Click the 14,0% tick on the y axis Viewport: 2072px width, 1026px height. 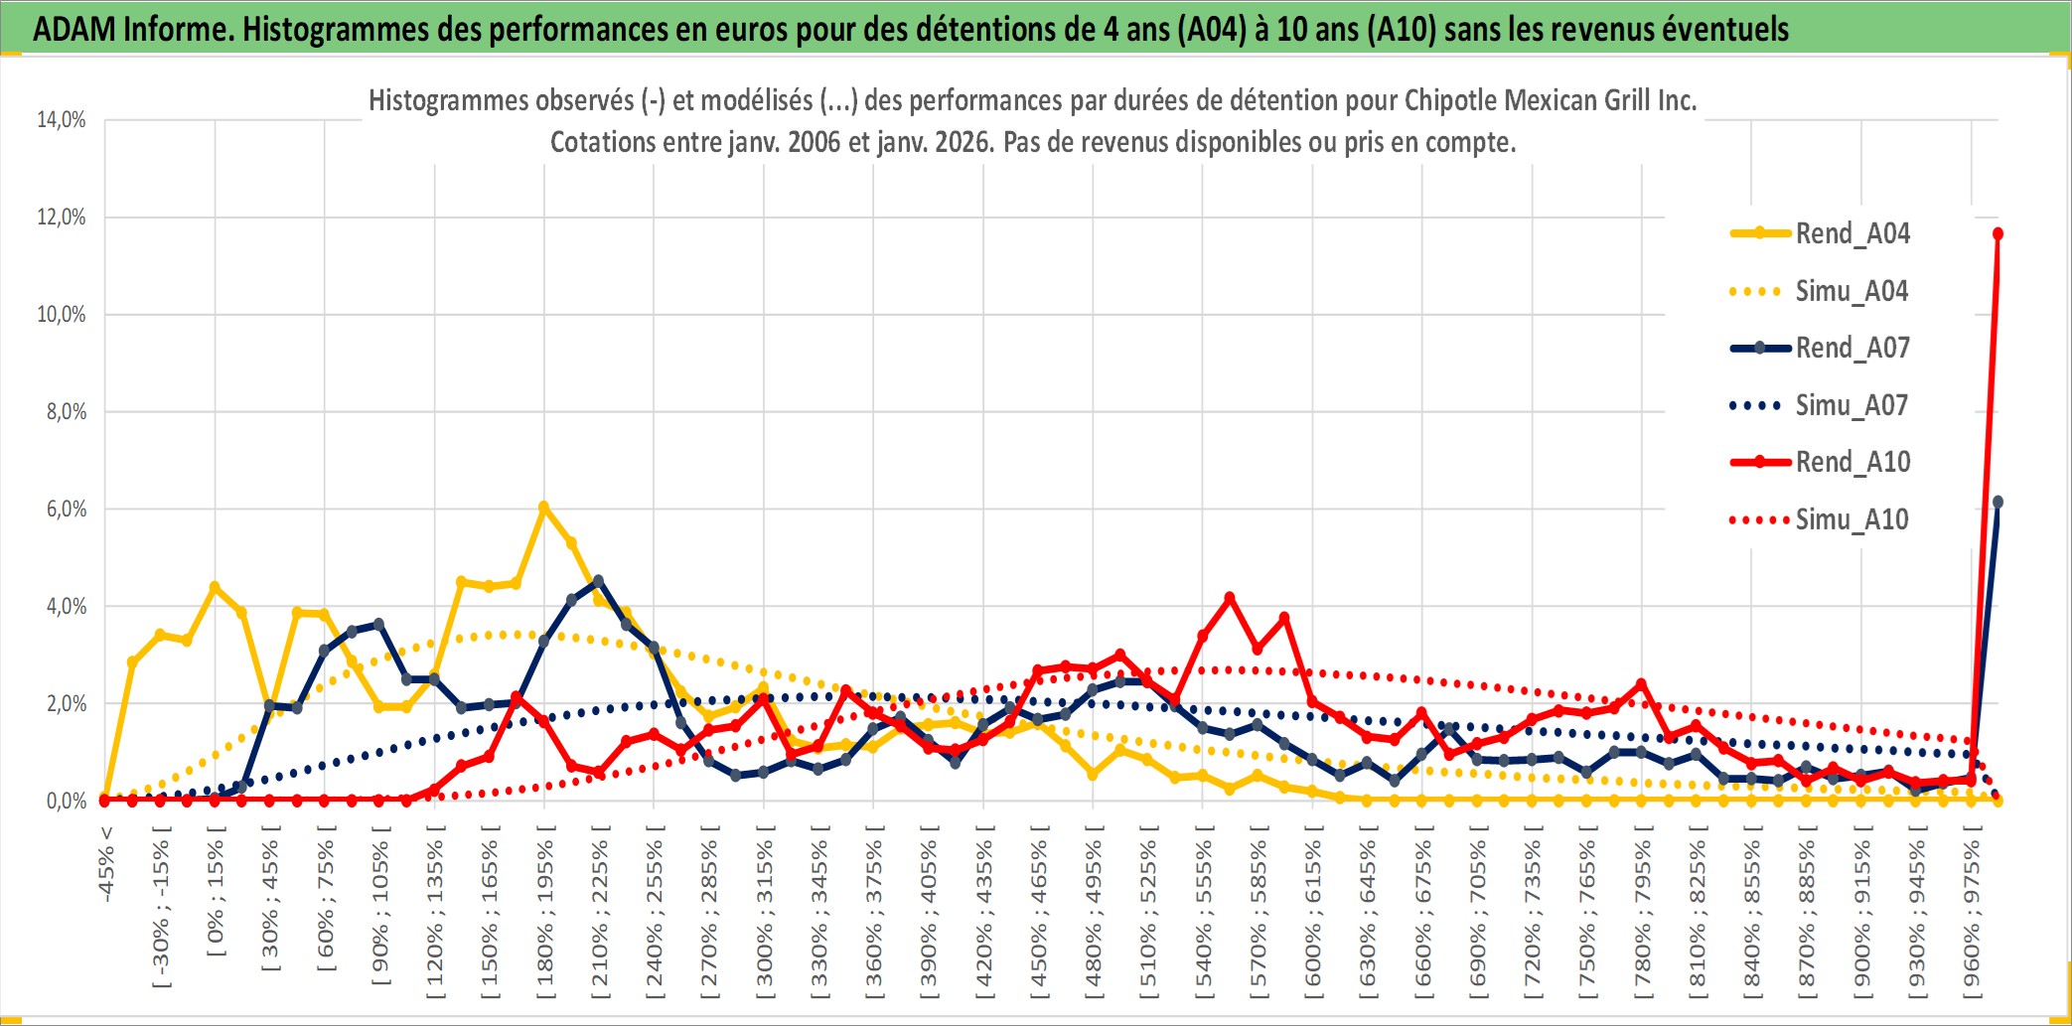pyautogui.click(x=62, y=120)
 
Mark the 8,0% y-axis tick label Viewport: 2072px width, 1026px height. pyautogui.click(x=66, y=412)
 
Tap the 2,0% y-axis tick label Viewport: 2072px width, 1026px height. pyautogui.click(x=66, y=704)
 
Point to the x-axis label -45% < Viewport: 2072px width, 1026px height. pyautogui.click(x=106, y=864)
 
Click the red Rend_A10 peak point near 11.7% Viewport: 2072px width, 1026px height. pyautogui.click(x=1998, y=233)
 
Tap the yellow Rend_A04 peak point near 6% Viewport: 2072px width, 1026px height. pyautogui.click(x=543, y=507)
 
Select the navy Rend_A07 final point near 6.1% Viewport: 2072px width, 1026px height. pyautogui.click(x=1998, y=502)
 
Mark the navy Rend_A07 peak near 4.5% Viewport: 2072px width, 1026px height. pyautogui.click(x=598, y=580)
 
